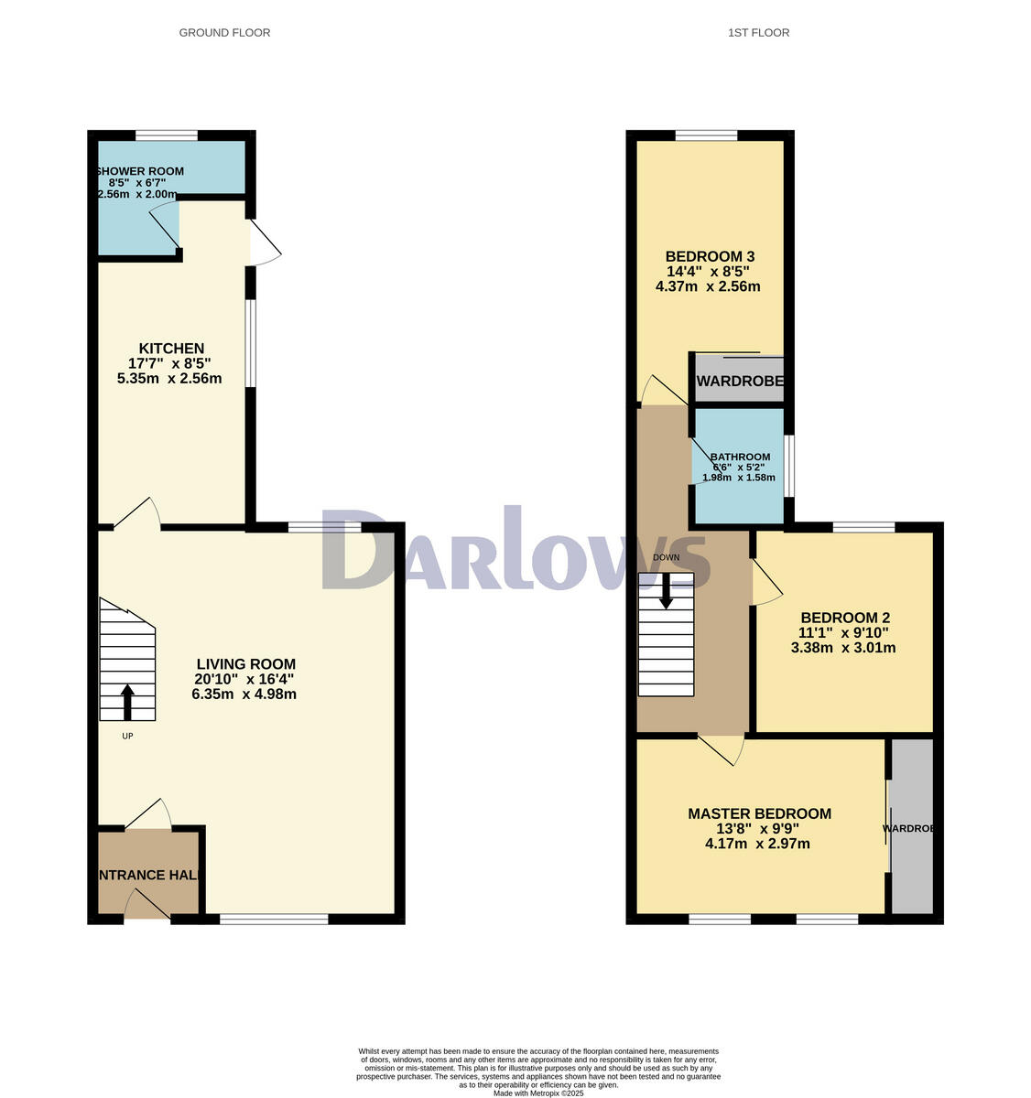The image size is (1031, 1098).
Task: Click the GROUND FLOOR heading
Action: click(x=224, y=33)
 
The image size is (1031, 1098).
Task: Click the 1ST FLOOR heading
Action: click(x=758, y=33)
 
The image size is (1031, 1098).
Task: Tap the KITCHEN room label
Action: click(x=171, y=349)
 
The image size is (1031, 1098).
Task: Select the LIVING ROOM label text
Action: click(x=245, y=664)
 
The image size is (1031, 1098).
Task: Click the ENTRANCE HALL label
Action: click(x=147, y=876)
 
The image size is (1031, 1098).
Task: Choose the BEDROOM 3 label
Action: click(x=710, y=256)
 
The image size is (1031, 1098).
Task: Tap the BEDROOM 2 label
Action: click(x=844, y=618)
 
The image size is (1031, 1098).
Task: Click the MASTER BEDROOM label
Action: click(x=759, y=813)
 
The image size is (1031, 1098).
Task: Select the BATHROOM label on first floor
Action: click(x=740, y=457)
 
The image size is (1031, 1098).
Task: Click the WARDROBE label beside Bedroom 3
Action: click(x=740, y=382)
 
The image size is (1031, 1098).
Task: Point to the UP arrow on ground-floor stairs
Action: click(x=126, y=702)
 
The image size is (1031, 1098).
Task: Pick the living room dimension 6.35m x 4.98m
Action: click(x=244, y=694)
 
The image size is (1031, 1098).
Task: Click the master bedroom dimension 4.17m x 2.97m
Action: click(x=757, y=844)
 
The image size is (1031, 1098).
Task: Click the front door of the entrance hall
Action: click(x=147, y=909)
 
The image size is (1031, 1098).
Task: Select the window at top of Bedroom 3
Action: click(x=706, y=135)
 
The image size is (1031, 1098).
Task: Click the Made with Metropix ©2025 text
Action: click(x=538, y=1093)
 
